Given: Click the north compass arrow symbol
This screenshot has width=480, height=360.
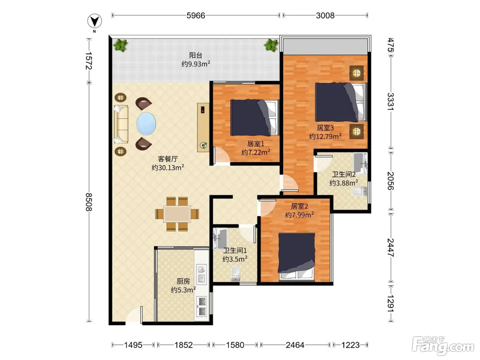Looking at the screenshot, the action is [95, 21].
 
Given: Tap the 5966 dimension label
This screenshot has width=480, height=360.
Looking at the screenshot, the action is [196, 15].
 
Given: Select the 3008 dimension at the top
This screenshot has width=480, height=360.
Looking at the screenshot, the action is [325, 15].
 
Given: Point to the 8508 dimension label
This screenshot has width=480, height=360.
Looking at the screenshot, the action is [88, 202].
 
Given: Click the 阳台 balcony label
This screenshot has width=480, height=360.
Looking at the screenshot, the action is [195, 55].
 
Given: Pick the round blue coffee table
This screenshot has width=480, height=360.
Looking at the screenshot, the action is [146, 123].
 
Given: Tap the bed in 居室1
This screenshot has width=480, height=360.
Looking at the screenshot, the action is [255, 117].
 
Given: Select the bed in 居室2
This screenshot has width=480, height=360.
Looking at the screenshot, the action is [297, 257].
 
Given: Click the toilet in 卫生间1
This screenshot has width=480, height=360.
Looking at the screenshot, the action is [235, 273].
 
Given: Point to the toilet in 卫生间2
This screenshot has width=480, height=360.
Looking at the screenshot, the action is [359, 191].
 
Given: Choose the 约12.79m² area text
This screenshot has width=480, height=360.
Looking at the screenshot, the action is [325, 136].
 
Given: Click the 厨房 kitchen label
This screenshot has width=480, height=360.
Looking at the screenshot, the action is [183, 281].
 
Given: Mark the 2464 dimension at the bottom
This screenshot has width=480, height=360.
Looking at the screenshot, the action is [295, 345].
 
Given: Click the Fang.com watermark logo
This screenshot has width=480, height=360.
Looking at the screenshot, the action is [443, 346].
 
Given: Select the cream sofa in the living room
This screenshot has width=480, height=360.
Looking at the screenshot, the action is [121, 124].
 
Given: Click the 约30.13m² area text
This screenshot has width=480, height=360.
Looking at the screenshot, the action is [168, 167].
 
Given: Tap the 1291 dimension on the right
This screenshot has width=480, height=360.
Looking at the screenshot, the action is [390, 304].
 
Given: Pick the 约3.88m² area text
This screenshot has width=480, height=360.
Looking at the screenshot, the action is [344, 183].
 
